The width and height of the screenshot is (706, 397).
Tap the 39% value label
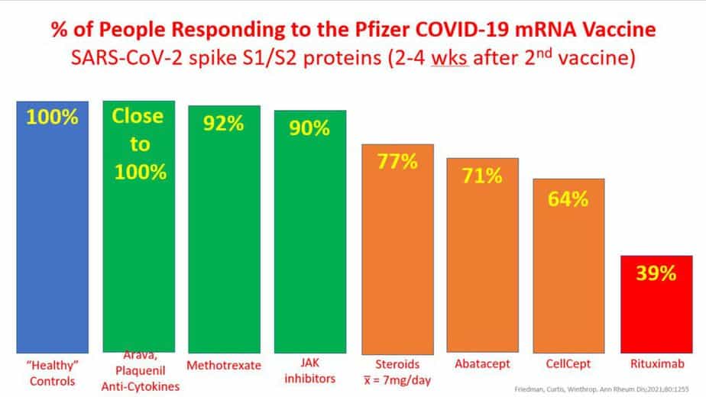[656, 273]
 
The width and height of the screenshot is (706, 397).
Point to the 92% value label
[225, 124]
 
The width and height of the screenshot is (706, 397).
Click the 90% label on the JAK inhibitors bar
[310, 128]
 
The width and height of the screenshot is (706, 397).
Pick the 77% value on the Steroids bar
[397, 161]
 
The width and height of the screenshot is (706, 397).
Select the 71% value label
[482, 176]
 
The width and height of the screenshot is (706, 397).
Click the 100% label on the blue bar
[53, 118]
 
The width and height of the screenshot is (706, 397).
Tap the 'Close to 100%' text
[138, 144]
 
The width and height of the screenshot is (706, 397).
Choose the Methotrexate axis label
[225, 366]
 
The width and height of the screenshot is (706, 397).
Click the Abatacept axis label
[482, 366]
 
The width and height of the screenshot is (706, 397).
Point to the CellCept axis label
[568, 366]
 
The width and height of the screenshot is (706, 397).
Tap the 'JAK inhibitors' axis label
[310, 373]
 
